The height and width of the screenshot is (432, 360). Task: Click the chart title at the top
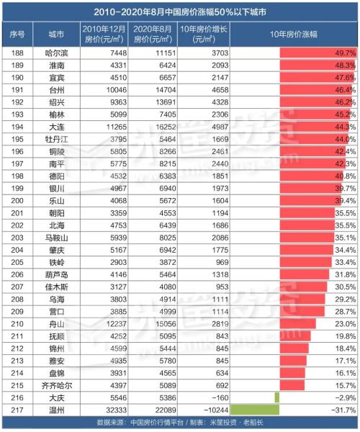[181, 12]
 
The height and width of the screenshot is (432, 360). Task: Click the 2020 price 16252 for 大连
[156, 127]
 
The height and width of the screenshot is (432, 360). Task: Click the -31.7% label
[345, 410]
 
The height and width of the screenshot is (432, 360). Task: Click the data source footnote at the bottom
[180, 423]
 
